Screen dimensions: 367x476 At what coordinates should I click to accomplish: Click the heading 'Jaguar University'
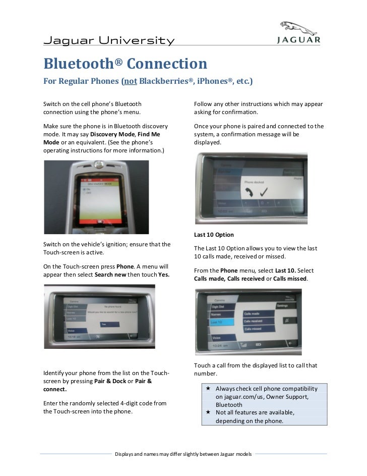[x=109, y=40]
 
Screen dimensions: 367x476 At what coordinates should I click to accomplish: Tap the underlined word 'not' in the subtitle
[x=129, y=81]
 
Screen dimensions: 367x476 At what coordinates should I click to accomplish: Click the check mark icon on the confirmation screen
[x=264, y=190]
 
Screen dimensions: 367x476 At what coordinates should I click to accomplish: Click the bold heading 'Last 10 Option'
[x=214, y=235]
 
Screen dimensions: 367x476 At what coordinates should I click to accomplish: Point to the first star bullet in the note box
[x=209, y=389]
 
